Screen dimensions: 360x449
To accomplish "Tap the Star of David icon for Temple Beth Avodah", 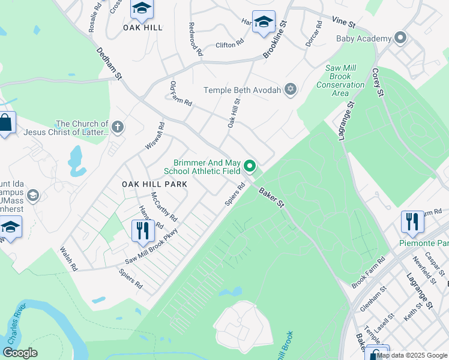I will coord(291,90).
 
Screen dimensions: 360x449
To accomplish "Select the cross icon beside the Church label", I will coord(118,127).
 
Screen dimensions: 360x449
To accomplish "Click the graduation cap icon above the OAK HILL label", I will coord(142,8).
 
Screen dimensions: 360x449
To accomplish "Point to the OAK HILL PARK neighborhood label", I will coord(155,184).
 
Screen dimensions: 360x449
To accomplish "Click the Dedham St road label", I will coord(109,65).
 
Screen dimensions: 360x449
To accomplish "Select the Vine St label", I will coord(344,22).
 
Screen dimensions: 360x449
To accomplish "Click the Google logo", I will coord(20,353).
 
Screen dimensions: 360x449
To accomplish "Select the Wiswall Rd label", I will coord(154,137).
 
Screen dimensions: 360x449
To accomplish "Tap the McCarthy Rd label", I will coord(164,206).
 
